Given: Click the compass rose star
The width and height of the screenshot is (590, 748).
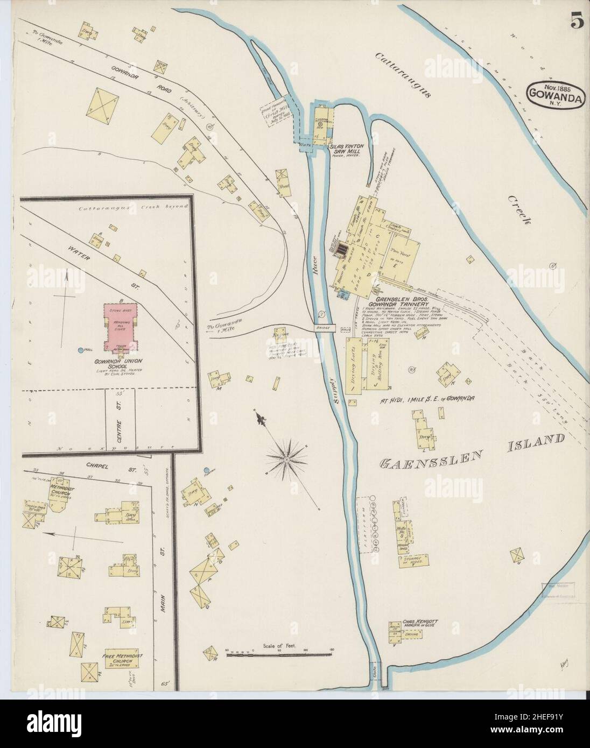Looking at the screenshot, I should pos(286,461).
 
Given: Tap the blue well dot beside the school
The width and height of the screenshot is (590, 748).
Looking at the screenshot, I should pos(81,350).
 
